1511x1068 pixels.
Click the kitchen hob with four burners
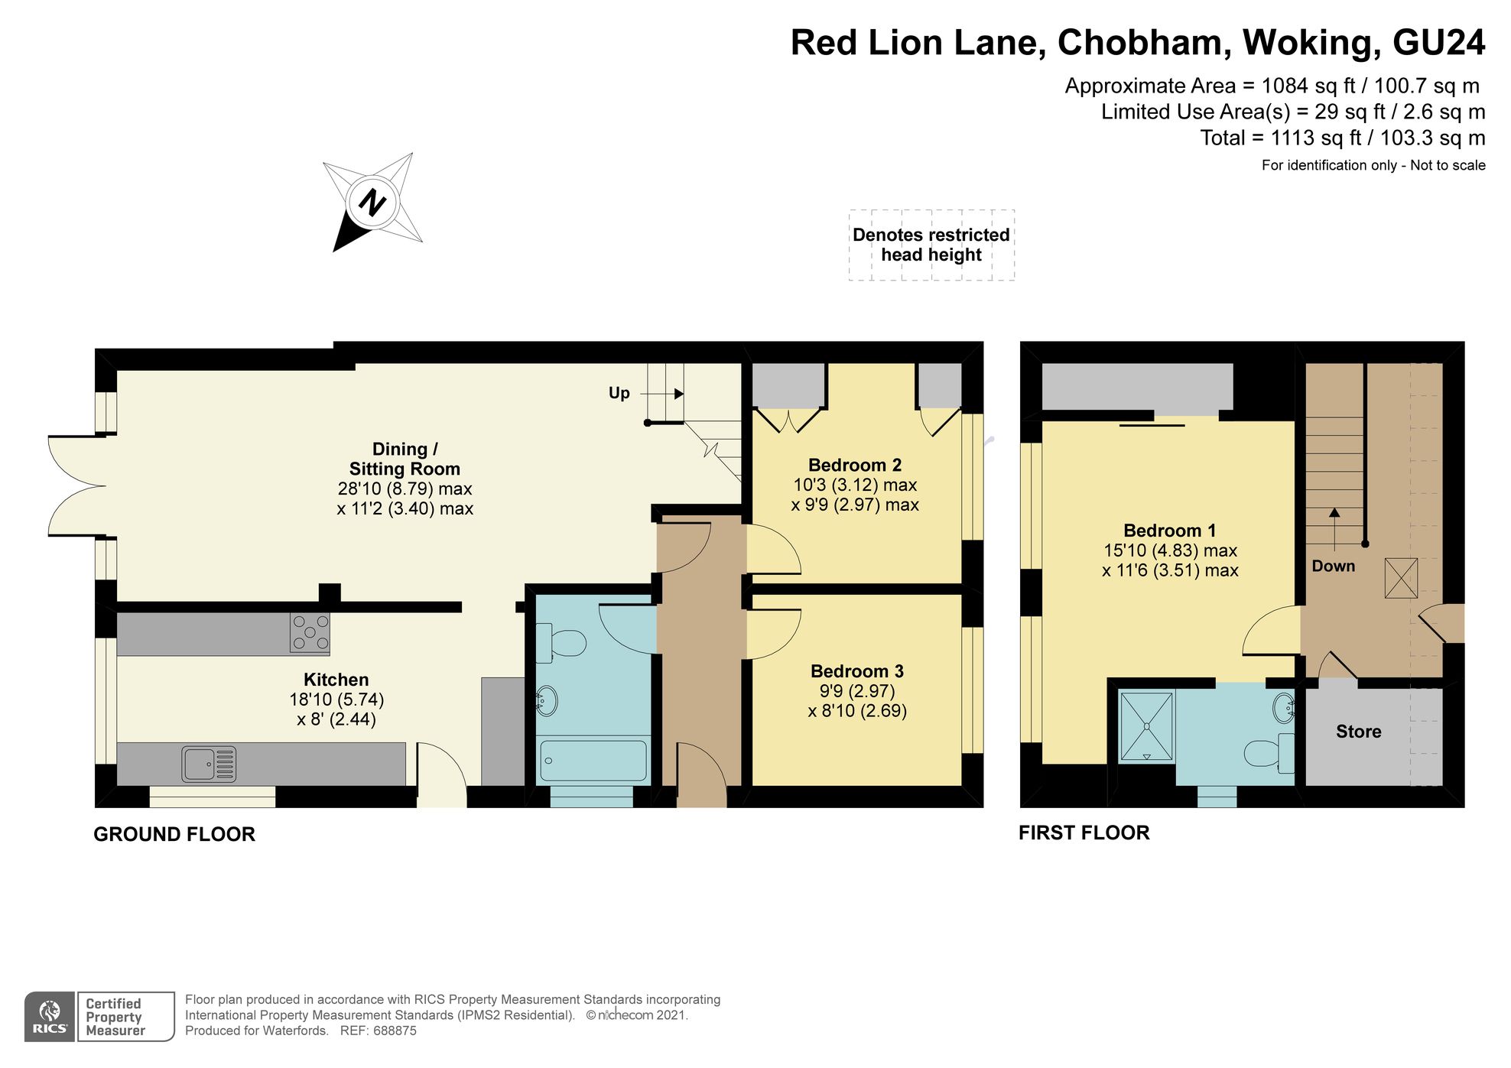(x=310, y=633)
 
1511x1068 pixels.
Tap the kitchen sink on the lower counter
(x=208, y=764)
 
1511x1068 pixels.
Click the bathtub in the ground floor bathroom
(x=593, y=760)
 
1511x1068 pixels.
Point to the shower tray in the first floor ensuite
(x=1145, y=726)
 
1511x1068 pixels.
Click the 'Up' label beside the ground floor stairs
(x=619, y=393)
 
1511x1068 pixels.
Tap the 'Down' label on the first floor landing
(x=1333, y=566)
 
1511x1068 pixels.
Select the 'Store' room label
(x=1358, y=732)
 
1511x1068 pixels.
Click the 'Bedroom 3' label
(x=856, y=671)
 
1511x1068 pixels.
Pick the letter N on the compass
(x=372, y=203)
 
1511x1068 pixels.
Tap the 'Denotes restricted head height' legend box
(x=931, y=245)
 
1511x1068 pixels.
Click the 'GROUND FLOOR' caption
(x=174, y=834)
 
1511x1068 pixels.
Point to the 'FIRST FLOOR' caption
(x=1084, y=833)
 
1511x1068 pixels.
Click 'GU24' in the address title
(x=1438, y=43)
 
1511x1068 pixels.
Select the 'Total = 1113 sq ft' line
(x=1342, y=138)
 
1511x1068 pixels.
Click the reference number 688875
(x=394, y=1031)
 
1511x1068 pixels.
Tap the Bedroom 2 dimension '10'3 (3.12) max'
(x=855, y=485)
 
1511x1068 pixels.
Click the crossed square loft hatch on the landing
(x=1401, y=578)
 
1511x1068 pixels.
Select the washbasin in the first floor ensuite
(x=1284, y=708)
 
